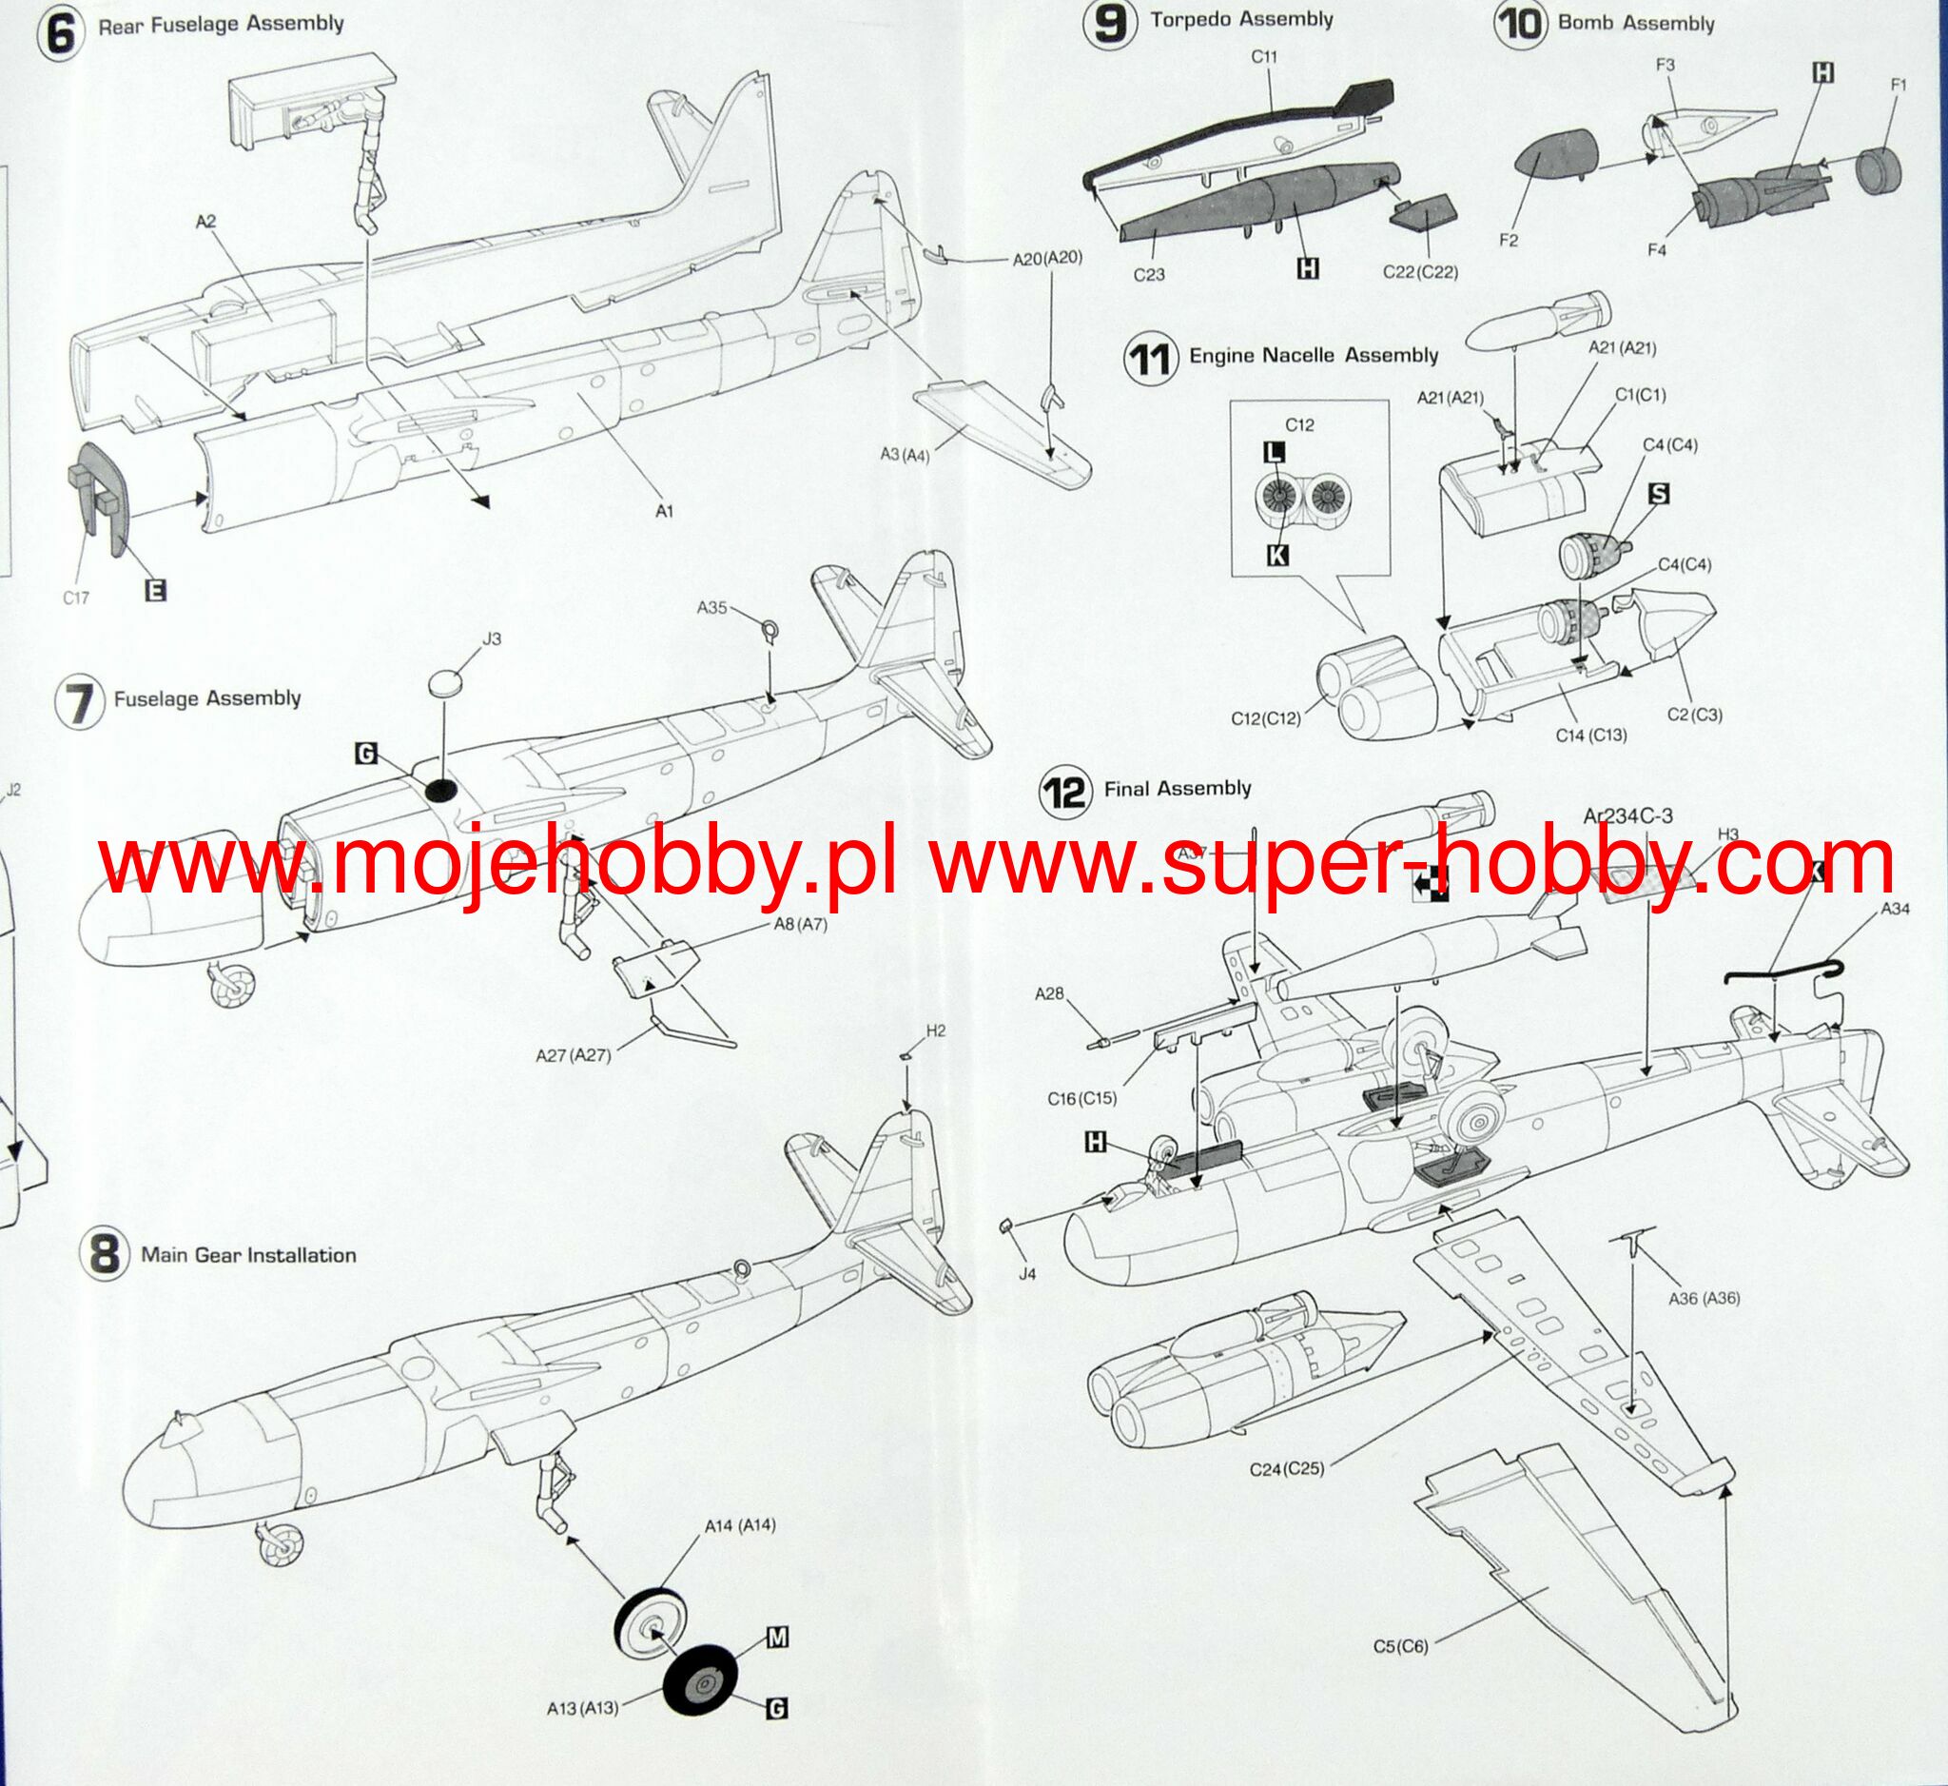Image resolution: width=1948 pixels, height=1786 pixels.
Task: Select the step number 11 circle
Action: pos(1150,360)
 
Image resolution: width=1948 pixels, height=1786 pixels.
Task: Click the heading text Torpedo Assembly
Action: pos(1240,20)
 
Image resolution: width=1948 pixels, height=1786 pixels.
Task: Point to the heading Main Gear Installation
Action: pos(248,1254)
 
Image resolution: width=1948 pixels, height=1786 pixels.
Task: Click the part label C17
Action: pos(76,598)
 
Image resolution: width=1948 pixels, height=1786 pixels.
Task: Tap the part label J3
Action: pos(492,638)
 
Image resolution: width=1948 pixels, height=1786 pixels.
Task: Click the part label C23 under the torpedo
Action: pos(1149,274)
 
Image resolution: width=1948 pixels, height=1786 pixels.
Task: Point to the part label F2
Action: pos(1508,240)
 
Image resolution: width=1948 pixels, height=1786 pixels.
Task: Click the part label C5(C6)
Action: pos(1400,1646)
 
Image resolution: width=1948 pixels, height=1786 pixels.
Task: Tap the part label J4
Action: pos(1027,1274)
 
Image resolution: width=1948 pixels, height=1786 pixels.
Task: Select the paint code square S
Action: pos(1658,494)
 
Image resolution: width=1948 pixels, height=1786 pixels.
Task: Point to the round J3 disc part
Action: pos(443,682)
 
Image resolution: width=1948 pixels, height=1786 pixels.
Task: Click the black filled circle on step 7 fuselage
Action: pos(439,790)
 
